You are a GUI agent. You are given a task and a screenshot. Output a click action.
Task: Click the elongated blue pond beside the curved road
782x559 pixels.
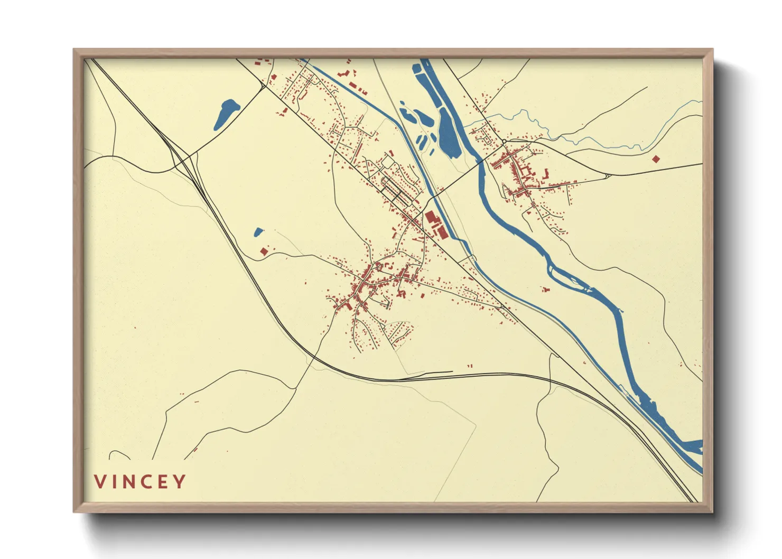coord(226,114)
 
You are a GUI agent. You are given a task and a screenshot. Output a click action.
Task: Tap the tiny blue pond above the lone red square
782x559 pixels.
coord(258,232)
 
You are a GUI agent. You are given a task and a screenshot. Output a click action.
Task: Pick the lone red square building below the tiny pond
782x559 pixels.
coord(264,251)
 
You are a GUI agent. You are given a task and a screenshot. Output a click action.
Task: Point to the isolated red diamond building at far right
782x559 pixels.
coord(656,159)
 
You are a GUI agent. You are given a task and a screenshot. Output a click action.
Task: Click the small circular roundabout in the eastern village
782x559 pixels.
coord(504,142)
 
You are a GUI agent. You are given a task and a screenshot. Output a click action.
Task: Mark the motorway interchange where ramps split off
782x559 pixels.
coord(182,157)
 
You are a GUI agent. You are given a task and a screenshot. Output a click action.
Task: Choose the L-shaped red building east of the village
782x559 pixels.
coord(546,173)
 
